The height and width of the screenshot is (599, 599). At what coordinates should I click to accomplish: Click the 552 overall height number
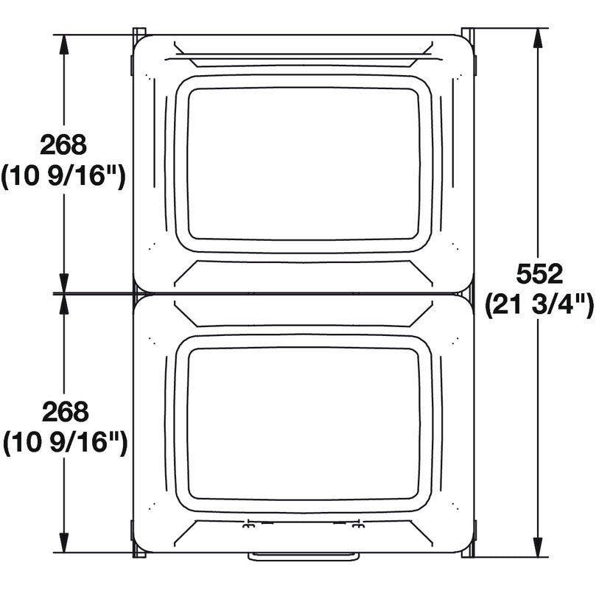coord(539,274)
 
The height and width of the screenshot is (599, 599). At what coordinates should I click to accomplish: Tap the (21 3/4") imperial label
coord(539,304)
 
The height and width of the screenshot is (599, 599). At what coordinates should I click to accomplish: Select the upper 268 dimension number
coord(63,145)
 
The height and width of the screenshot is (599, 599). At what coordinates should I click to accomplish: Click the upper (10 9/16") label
coord(63,176)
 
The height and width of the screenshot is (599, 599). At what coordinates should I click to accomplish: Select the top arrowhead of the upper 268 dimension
coord(64,44)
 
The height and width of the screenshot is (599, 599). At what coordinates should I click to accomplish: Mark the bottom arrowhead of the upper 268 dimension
coord(64,284)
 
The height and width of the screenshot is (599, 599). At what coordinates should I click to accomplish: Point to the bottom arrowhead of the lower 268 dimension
coord(64,544)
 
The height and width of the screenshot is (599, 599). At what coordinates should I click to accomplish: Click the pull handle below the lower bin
coord(304,557)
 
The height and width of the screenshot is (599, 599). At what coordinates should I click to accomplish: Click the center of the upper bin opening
coord(303,164)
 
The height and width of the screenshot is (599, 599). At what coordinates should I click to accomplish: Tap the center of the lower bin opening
coord(303,424)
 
